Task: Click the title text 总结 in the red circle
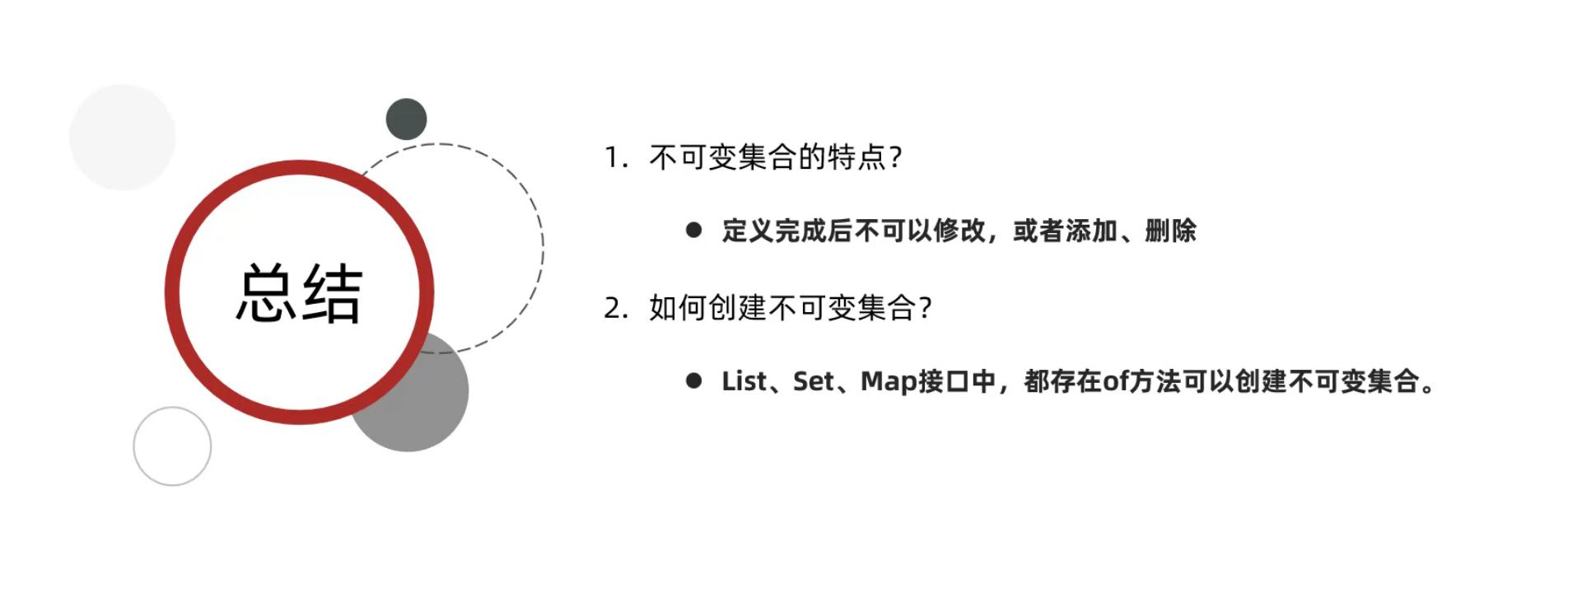point(299,294)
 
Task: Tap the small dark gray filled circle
point(406,119)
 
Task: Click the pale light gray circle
point(123,138)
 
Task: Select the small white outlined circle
point(172,446)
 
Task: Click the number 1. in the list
point(616,157)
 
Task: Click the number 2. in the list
point(616,308)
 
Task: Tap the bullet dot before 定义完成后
point(693,231)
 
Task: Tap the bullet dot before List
point(693,380)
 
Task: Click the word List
point(744,381)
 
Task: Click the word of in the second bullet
point(1116,381)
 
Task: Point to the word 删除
point(1170,231)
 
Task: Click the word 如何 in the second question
point(678,308)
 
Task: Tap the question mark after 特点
point(896,157)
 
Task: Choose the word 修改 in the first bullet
point(959,231)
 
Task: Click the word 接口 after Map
point(944,381)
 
